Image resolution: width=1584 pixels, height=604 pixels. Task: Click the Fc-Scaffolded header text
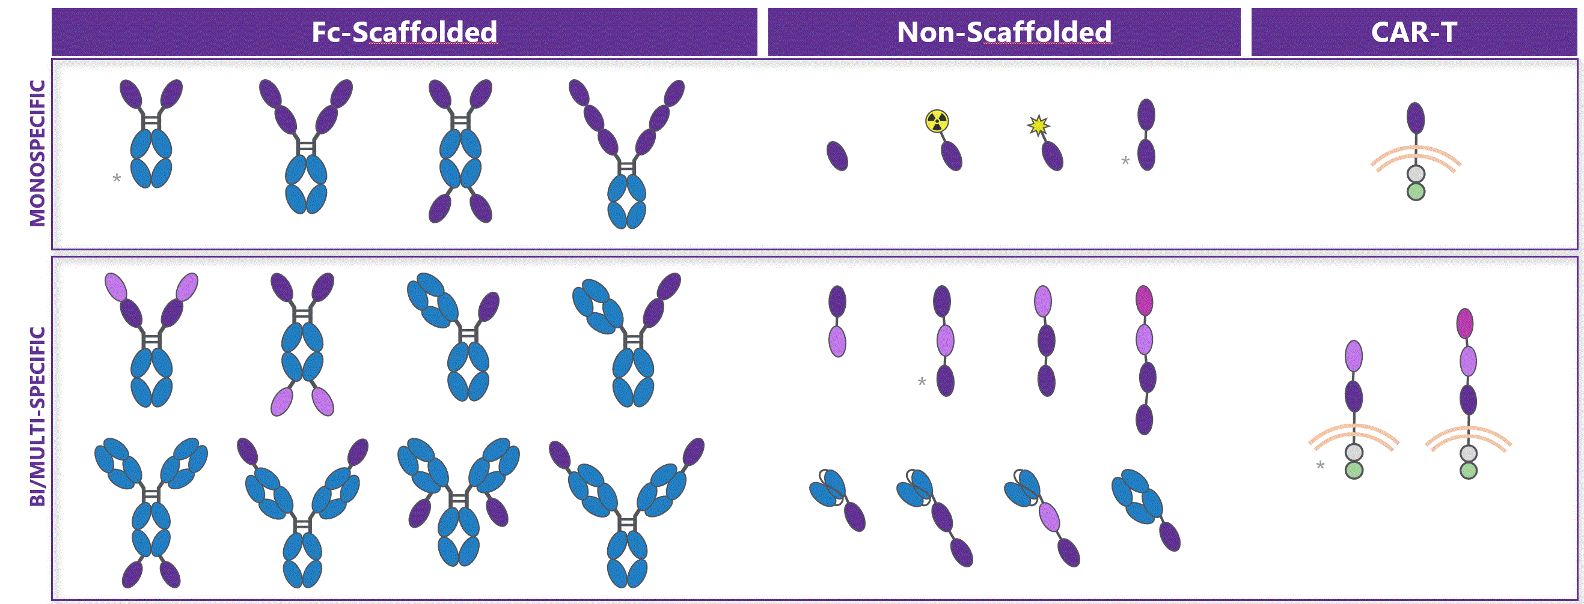[x=403, y=32]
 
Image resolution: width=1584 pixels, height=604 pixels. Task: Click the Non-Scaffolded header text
[x=1003, y=32]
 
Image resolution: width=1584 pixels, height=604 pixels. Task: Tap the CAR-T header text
[x=1414, y=32]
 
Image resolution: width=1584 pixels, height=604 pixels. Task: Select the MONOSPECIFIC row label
[x=37, y=154]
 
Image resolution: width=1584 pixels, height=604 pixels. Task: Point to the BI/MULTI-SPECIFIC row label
[x=37, y=416]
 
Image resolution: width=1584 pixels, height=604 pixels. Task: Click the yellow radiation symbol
[x=937, y=121]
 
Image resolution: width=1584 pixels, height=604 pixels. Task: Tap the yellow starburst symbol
[x=1038, y=125]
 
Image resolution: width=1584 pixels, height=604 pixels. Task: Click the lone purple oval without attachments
[x=837, y=156]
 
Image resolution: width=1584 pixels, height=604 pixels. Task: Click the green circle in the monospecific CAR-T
[x=1416, y=192]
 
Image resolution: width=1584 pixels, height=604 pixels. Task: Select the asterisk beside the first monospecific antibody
[x=116, y=179]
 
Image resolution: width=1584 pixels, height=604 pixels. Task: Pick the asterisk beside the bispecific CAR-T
[x=1319, y=466]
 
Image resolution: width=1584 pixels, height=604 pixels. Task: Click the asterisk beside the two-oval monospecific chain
[x=1125, y=162]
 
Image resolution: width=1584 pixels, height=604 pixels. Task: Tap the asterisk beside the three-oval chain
[x=921, y=382]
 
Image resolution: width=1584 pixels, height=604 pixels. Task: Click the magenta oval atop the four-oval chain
[x=1144, y=300]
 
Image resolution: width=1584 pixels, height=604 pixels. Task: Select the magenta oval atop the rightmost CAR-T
[x=1465, y=323]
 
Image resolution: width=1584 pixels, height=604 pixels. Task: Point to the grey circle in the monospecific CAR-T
[x=1416, y=174]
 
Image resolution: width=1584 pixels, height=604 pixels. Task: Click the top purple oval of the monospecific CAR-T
[x=1416, y=118]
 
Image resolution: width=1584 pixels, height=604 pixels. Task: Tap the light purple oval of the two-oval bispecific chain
[x=837, y=341]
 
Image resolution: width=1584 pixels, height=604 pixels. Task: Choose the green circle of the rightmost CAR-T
[x=1469, y=471]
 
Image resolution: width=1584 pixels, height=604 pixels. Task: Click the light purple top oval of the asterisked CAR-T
[x=1353, y=356]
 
